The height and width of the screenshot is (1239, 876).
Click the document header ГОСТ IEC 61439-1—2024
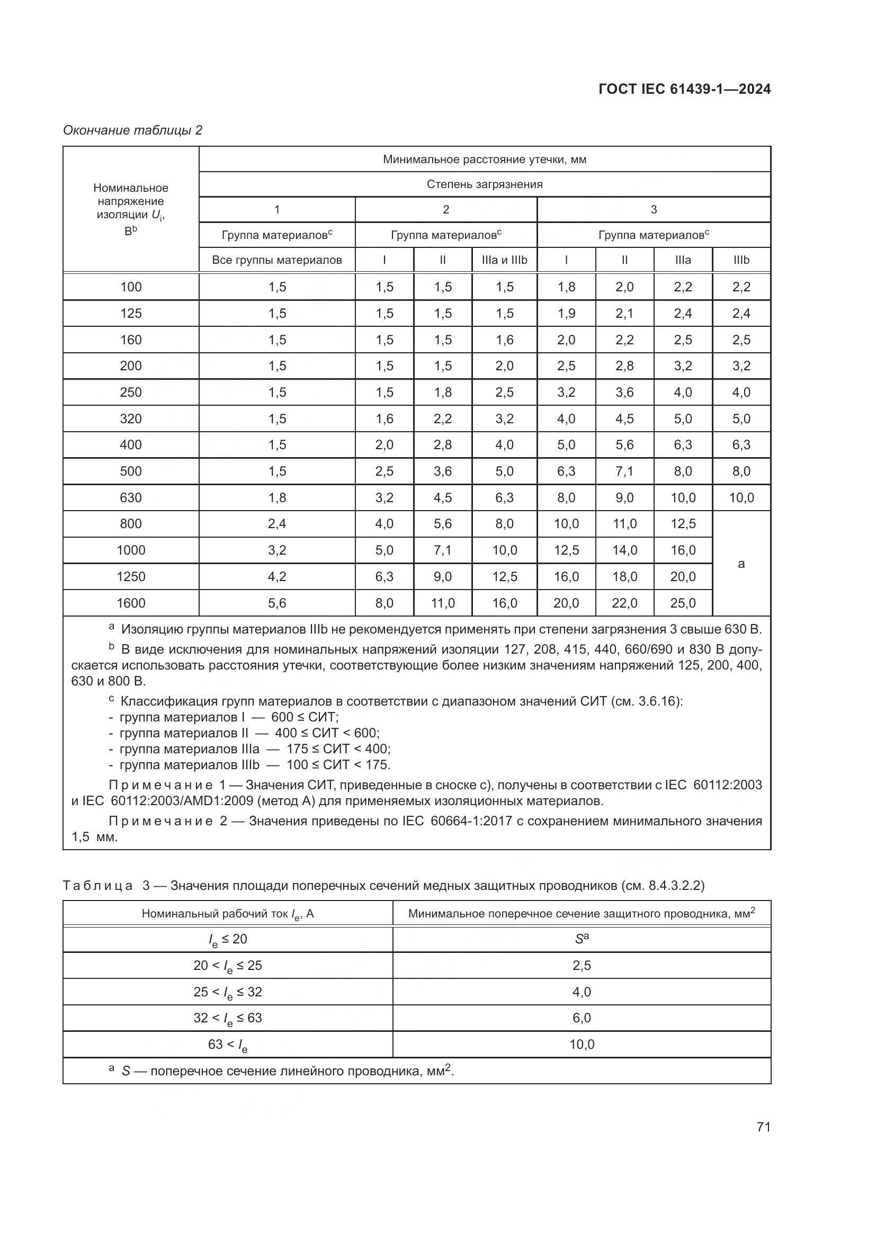coord(684,89)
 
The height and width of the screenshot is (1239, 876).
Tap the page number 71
coord(763,1127)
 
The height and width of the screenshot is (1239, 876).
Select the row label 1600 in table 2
coord(130,603)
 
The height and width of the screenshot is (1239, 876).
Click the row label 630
coord(130,497)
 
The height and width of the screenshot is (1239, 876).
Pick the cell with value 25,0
coord(682,603)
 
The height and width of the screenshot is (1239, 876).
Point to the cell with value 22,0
coord(624,603)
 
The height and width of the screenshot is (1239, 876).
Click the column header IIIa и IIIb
coord(504,260)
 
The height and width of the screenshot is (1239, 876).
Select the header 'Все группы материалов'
coord(276,260)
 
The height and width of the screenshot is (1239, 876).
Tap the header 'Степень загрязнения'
coord(485,184)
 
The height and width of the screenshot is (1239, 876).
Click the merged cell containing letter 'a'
coord(741,564)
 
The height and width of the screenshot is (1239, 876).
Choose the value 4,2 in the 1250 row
coord(276,576)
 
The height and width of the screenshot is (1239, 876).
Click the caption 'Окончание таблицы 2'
coord(133,130)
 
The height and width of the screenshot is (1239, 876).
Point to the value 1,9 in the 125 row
coord(566,313)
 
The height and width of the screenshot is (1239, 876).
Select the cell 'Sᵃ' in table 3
coord(582,939)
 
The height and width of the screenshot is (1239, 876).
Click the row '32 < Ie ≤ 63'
coord(228,1018)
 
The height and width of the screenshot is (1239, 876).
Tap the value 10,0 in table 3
coord(582,1044)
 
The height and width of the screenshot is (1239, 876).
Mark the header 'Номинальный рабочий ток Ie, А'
coord(228,914)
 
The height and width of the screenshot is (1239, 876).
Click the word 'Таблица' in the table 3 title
coord(97,886)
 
